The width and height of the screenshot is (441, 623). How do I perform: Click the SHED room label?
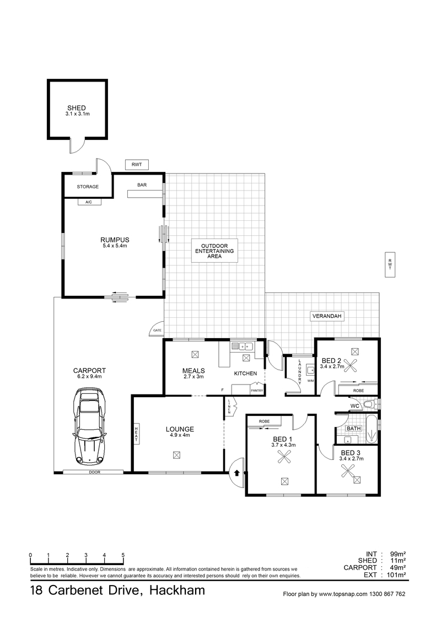[77, 107]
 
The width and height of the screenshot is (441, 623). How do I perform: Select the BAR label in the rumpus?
[142, 185]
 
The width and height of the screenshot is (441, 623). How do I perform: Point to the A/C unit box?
[89, 202]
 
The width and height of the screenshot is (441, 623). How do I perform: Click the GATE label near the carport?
[158, 330]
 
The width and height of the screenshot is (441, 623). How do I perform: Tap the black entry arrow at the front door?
[237, 473]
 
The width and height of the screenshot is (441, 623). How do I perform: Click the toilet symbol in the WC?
[370, 405]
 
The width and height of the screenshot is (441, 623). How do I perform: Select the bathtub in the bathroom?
[372, 430]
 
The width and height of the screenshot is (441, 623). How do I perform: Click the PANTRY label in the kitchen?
[257, 391]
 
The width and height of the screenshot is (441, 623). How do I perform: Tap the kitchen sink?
[243, 346]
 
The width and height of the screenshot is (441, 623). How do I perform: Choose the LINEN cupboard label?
[229, 407]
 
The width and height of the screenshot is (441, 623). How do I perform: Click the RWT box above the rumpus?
[136, 165]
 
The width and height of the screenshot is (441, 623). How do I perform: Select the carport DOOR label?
[95, 472]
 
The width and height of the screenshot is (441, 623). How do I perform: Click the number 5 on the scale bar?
[123, 555]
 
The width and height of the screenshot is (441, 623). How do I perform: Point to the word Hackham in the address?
[177, 591]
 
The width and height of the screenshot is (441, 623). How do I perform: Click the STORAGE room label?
[88, 186]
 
